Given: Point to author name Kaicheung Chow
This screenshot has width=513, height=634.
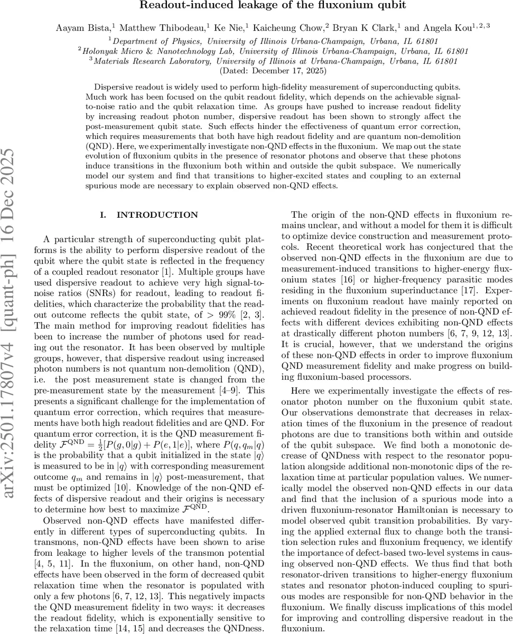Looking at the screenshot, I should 293,28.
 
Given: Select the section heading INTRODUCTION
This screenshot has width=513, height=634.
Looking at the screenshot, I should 157,215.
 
